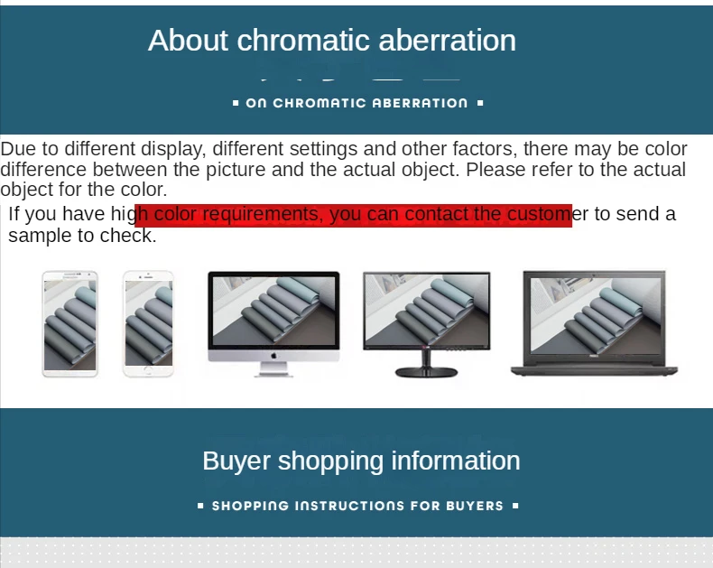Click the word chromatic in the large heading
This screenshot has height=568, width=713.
(304, 40)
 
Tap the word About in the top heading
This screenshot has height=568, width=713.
(188, 40)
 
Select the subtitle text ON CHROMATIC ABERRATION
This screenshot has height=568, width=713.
(357, 103)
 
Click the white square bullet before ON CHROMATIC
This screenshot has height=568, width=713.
(236, 103)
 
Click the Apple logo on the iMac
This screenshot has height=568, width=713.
(273, 356)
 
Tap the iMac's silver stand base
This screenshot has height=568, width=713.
(273, 374)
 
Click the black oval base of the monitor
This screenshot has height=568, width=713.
(426, 373)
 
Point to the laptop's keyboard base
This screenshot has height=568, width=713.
(595, 370)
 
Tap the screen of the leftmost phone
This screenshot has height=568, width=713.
(70, 325)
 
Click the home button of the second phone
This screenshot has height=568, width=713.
(148, 370)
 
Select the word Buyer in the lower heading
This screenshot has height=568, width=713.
(236, 461)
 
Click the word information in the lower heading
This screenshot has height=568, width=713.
(456, 461)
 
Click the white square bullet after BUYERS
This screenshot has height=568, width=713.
(515, 506)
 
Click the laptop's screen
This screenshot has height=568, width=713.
(596, 316)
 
